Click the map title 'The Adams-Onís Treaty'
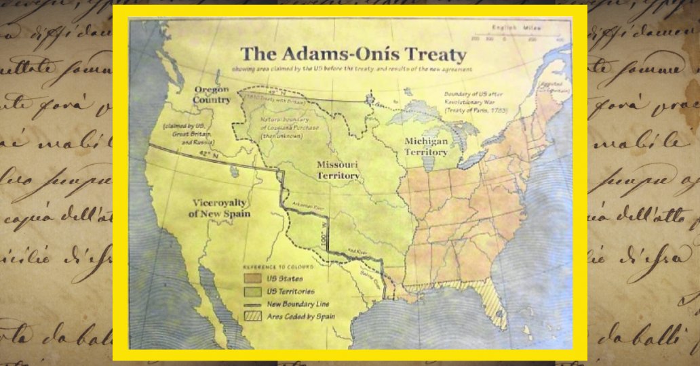353,54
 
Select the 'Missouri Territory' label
337,169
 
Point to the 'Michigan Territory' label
426,146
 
